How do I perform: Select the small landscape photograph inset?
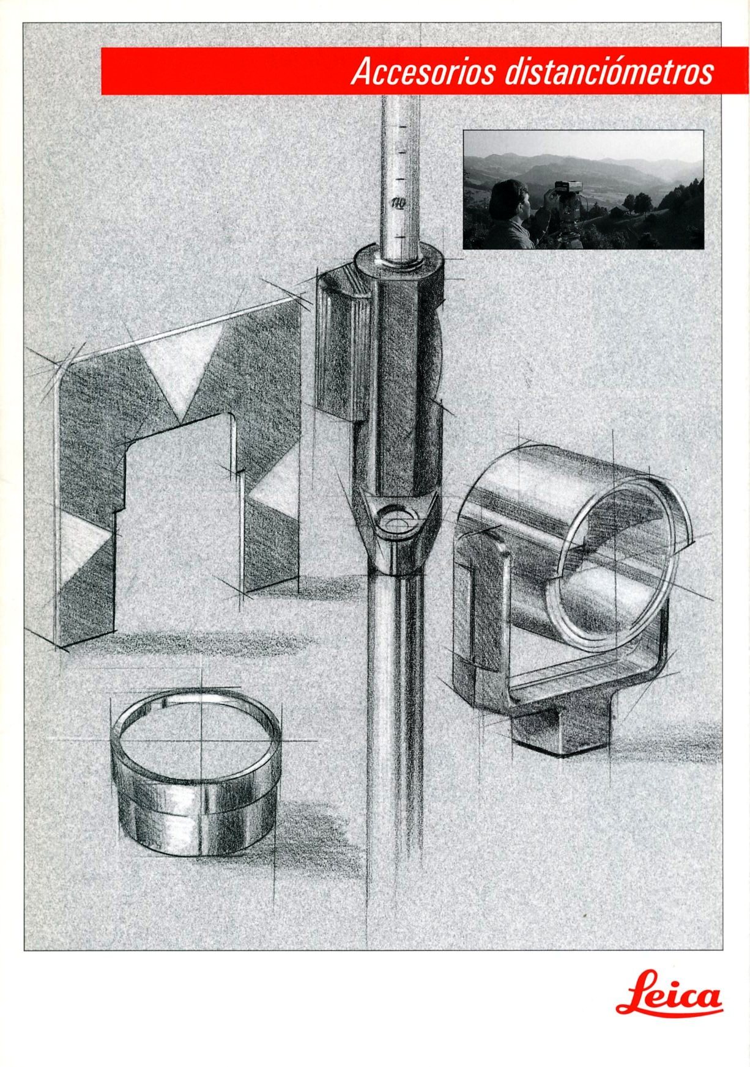(x=583, y=189)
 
